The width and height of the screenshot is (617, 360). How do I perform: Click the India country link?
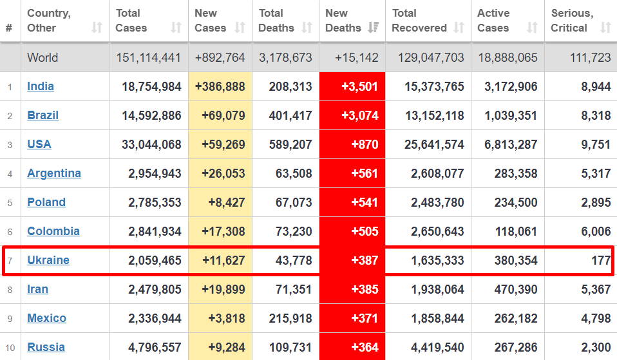(x=41, y=86)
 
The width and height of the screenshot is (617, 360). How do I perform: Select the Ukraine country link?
(x=48, y=260)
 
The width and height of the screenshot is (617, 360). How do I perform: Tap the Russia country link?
(x=46, y=347)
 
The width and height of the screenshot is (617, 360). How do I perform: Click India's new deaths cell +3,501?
(x=365, y=86)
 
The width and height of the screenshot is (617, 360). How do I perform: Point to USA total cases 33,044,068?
(x=151, y=144)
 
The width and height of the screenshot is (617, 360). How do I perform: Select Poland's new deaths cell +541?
(x=365, y=202)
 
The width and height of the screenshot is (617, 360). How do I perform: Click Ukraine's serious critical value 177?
(x=600, y=260)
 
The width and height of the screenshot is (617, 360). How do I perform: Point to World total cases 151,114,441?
(x=149, y=57)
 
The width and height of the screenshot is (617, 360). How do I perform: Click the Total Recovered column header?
(x=419, y=21)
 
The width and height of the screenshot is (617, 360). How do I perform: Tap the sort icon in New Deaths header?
(x=372, y=28)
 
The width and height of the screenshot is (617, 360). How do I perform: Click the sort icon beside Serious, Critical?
(x=605, y=28)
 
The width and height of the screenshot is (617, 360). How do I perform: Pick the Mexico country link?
(x=47, y=318)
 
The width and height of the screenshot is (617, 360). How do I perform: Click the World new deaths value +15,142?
(x=357, y=57)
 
